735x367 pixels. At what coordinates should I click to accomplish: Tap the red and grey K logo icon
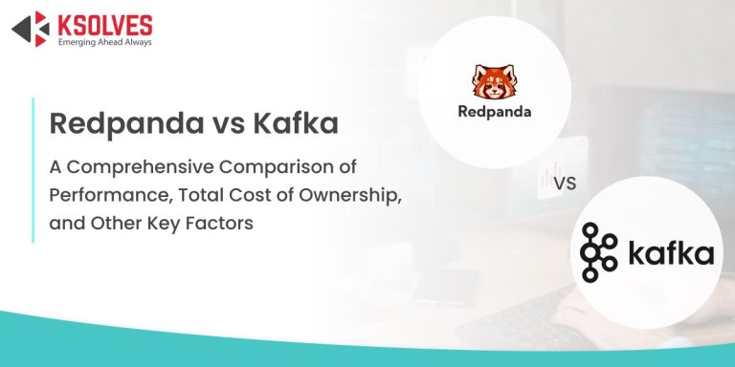pyautogui.click(x=31, y=29)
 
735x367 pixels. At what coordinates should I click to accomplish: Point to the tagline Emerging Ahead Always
pyautogui.click(x=104, y=41)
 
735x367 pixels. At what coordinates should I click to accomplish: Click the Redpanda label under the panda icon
pyautogui.click(x=495, y=111)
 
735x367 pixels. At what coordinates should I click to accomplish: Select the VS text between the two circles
pyautogui.click(x=566, y=181)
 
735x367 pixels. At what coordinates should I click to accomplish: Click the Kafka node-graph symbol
pyautogui.click(x=600, y=253)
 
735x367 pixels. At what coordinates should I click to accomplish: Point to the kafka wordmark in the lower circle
pyautogui.click(x=671, y=254)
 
